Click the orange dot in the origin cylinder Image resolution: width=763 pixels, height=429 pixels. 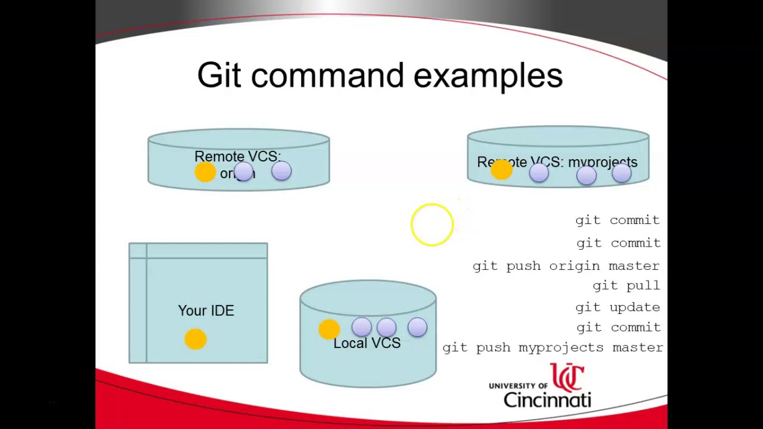coord(205,172)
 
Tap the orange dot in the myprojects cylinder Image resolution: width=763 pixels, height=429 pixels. coord(501,170)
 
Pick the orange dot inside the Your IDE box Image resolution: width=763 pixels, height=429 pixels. coord(196,339)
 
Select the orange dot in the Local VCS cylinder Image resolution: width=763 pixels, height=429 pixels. coord(329,329)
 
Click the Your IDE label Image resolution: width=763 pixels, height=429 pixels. coord(206,310)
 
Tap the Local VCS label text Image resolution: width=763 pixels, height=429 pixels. coord(367,343)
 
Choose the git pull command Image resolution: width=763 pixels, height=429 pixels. coord(626,285)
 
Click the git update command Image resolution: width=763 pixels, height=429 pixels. coord(618,307)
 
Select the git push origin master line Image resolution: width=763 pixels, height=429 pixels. coord(566,266)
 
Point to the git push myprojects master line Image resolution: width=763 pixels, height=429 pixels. coord(553,347)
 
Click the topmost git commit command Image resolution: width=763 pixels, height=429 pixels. coord(618,220)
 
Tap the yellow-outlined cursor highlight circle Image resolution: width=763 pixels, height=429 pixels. coord(432,225)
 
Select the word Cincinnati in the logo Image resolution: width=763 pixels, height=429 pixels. coord(547,399)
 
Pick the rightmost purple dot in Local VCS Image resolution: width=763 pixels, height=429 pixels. coord(417,327)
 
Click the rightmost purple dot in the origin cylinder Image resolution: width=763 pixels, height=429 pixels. coord(281,172)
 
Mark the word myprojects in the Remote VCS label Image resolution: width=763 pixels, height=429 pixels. coord(603,162)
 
